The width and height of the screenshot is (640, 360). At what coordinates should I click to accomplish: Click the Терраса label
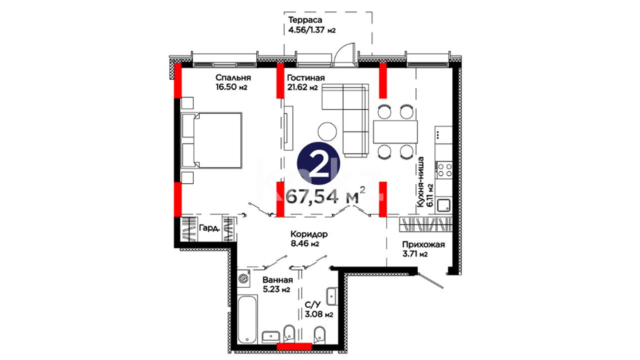tap(305, 20)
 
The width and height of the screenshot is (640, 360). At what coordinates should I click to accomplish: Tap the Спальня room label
tap(233, 78)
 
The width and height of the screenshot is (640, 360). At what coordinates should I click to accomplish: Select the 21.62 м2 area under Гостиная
tap(302, 88)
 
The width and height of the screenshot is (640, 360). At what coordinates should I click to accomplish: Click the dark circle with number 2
tap(318, 164)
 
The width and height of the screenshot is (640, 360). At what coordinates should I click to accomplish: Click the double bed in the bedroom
tap(212, 140)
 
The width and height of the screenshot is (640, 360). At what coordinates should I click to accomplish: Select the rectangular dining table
tap(395, 132)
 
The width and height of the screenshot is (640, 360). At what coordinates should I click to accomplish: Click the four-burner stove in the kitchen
tap(444, 170)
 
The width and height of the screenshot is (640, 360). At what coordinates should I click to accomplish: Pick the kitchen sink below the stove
tap(444, 205)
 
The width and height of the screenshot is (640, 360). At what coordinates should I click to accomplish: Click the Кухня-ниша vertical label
tap(421, 182)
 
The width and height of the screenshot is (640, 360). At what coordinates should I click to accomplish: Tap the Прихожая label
tap(423, 245)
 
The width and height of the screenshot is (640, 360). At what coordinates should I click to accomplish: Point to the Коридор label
tap(309, 234)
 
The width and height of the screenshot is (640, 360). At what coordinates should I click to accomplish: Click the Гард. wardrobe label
tap(209, 228)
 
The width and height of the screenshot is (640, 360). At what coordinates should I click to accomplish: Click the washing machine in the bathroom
tap(244, 278)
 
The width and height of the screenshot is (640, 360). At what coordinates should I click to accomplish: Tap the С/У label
tap(313, 305)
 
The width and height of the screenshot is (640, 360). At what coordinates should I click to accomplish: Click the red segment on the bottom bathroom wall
tap(294, 347)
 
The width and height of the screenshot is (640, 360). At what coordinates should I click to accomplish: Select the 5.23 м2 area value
tap(276, 289)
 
